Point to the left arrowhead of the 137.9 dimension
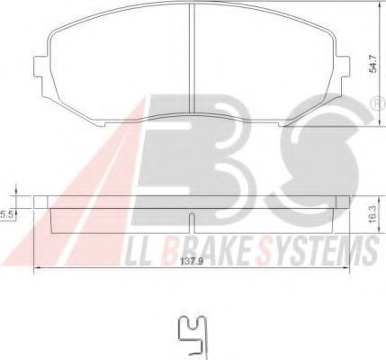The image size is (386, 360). [x=36, y=271]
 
